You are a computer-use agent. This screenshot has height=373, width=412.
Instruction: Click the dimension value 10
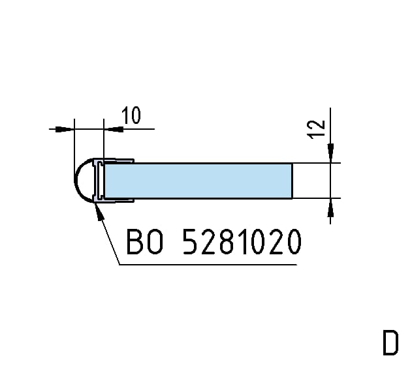(131, 115)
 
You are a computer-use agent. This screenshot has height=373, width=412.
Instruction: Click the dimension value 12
(316, 129)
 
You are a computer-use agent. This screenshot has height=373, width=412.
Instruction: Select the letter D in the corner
(390, 343)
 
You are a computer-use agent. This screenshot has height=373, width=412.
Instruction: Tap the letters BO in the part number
(144, 241)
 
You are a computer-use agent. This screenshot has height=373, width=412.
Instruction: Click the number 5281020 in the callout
(242, 241)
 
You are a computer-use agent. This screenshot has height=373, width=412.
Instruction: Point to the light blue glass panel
(198, 181)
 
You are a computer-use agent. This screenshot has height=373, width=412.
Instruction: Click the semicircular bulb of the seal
(84, 181)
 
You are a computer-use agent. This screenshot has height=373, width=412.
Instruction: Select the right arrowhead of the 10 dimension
(114, 129)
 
